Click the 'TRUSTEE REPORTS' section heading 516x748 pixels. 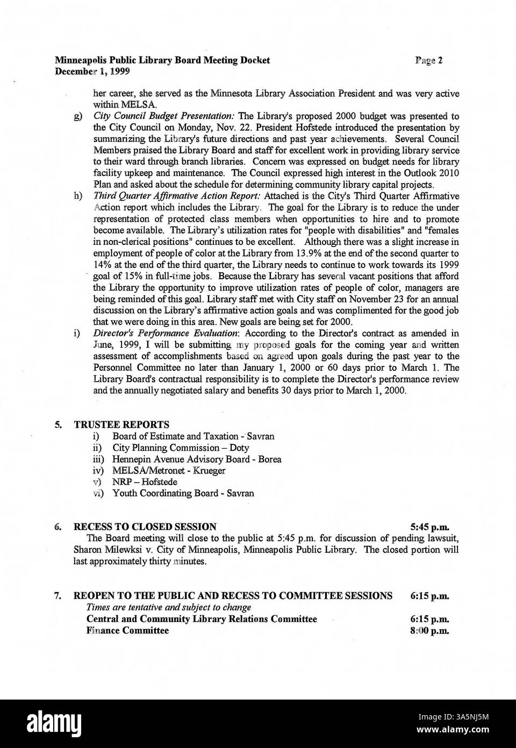point(121,425)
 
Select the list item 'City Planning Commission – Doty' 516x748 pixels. point(181,448)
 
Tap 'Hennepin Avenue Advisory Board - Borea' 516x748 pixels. point(196,459)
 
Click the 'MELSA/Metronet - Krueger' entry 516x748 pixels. point(168,470)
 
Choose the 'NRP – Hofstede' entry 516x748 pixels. point(144,482)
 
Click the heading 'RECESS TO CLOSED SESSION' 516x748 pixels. point(145,527)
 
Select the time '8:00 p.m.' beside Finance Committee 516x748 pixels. point(429,631)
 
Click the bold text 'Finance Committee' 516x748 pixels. point(127,631)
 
